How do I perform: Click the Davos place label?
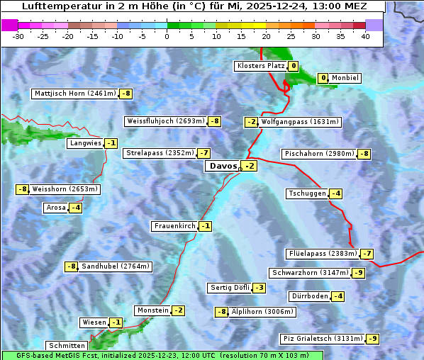click(x=222, y=166)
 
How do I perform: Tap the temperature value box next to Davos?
click(x=249, y=166)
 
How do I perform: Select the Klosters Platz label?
click(x=260, y=66)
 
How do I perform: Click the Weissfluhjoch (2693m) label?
click(x=165, y=121)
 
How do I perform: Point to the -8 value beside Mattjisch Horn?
click(x=126, y=94)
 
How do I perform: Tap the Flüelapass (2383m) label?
click(x=322, y=254)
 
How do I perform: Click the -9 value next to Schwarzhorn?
click(x=359, y=273)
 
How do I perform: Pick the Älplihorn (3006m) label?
click(x=262, y=312)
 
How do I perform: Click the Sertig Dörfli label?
click(x=230, y=288)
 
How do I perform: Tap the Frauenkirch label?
click(x=174, y=226)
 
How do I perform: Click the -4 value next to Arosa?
click(x=75, y=208)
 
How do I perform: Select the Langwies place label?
click(x=84, y=143)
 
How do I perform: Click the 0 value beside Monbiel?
click(x=323, y=78)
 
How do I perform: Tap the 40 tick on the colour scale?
click(x=364, y=36)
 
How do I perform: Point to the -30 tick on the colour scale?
click(x=18, y=36)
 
